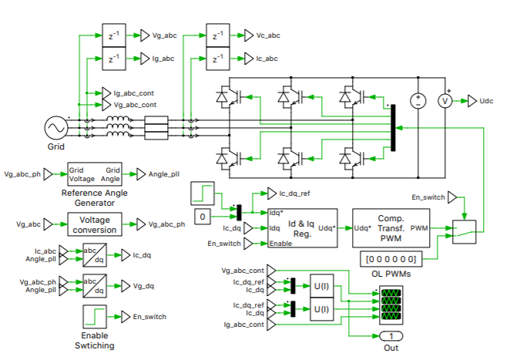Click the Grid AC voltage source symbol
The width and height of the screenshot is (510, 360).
[55, 126]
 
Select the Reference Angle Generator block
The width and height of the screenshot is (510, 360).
[93, 174]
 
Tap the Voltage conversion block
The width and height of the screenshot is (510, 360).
[93, 224]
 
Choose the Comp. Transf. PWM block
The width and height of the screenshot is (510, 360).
[391, 227]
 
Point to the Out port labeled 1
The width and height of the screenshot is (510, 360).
[391, 336]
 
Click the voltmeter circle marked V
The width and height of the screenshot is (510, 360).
[444, 101]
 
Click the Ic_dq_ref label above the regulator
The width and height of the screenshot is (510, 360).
[295, 193]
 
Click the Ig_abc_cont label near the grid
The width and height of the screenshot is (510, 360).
[136, 93]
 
